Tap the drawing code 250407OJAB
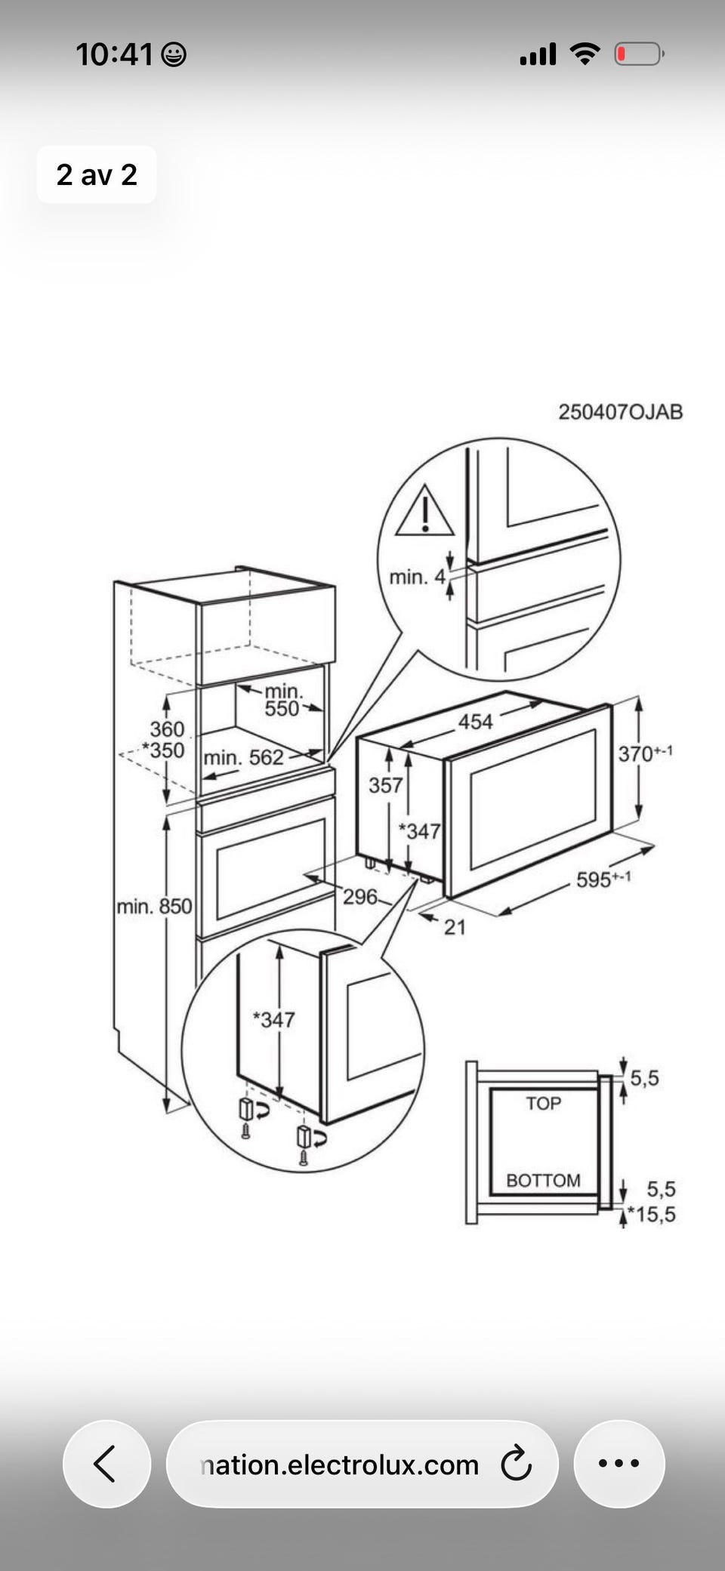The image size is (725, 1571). click(x=621, y=411)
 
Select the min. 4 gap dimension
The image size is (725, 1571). click(x=418, y=578)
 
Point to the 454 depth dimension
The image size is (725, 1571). click(x=476, y=722)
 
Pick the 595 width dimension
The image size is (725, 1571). click(x=603, y=879)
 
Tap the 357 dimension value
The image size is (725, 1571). click(x=385, y=785)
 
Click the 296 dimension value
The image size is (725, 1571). click(x=360, y=896)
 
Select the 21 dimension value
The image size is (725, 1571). click(x=455, y=927)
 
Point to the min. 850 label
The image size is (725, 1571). click(x=155, y=906)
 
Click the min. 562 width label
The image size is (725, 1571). click(x=243, y=757)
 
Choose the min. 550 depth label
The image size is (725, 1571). click(x=283, y=699)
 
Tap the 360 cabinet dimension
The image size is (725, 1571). click(x=167, y=729)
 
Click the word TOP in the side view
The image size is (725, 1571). click(x=544, y=1104)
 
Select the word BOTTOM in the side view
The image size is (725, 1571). click(x=543, y=1180)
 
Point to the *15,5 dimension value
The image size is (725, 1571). click(x=652, y=1215)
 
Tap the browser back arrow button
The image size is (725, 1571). click(x=106, y=1464)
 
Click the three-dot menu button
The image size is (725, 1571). click(x=619, y=1464)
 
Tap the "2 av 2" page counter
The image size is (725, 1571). click(x=97, y=174)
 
